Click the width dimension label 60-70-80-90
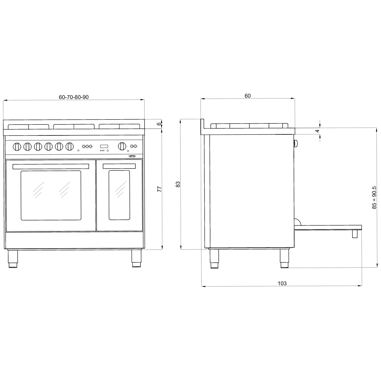pos(73,97)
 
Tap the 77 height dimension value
pos(159,189)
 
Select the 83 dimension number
pos(178,184)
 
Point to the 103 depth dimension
pos(282,283)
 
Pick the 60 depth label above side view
pos(247,96)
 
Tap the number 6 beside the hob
pos(159,124)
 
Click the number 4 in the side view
pos(317,131)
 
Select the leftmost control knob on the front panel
pos(17,146)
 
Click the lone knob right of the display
pos(122,146)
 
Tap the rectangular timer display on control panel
pos(104,146)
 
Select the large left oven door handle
pos(51,167)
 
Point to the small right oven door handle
pos(119,167)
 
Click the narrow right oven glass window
pos(119,195)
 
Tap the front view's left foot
pos(13,259)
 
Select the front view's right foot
pos(136,259)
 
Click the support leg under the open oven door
pos(355,234)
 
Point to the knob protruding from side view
pos(296,143)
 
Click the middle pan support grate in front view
pos(74,126)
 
